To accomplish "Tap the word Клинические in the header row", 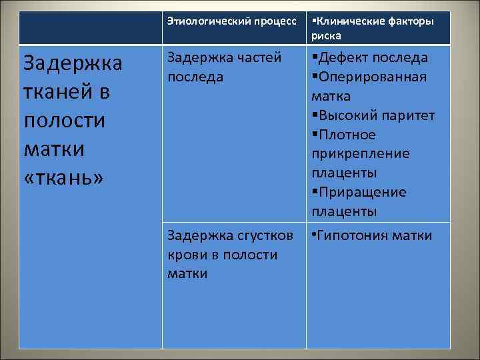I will [347, 21].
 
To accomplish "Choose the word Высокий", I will [345, 115].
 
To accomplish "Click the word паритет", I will [407, 115].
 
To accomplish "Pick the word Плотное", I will [347, 135].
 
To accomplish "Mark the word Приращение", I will [361, 193].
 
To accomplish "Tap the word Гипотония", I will [351, 235].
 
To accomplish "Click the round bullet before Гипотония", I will [313, 235].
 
